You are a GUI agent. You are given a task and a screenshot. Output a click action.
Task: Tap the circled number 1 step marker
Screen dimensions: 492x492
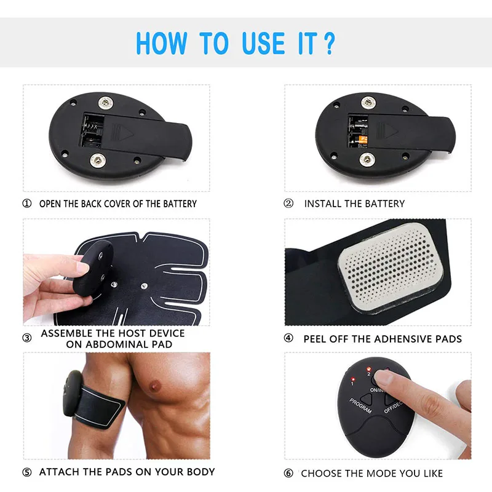click(27, 204)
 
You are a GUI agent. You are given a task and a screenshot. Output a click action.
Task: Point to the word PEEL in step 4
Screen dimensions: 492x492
click(316, 339)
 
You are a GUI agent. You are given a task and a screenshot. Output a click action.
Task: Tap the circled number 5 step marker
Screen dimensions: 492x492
click(27, 472)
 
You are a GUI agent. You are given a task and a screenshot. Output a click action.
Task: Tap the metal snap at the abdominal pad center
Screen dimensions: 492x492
click(143, 285)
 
